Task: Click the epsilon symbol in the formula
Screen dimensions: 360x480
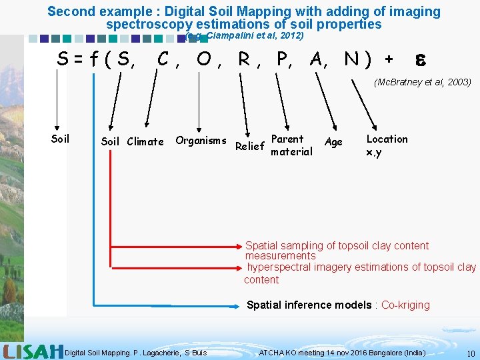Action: click(x=421, y=59)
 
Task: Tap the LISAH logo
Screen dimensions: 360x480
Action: click(x=33, y=351)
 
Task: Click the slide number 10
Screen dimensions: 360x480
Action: click(x=471, y=353)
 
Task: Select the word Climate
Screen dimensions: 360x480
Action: click(x=145, y=141)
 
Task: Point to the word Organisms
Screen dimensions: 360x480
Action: click(x=201, y=140)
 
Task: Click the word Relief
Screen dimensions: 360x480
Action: click(x=250, y=146)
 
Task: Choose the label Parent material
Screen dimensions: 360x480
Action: click(x=291, y=145)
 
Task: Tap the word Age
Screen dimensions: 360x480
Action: click(x=333, y=141)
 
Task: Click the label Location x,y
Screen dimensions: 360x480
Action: click(x=387, y=145)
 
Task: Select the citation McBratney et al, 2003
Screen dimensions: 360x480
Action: click(x=422, y=82)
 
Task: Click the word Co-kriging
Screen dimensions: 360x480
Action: click(x=405, y=305)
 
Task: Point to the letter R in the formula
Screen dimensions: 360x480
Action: click(x=245, y=59)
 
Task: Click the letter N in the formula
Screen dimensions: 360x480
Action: click(x=352, y=59)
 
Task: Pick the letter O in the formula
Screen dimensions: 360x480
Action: click(x=205, y=59)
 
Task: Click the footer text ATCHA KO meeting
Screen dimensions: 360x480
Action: click(x=291, y=352)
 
